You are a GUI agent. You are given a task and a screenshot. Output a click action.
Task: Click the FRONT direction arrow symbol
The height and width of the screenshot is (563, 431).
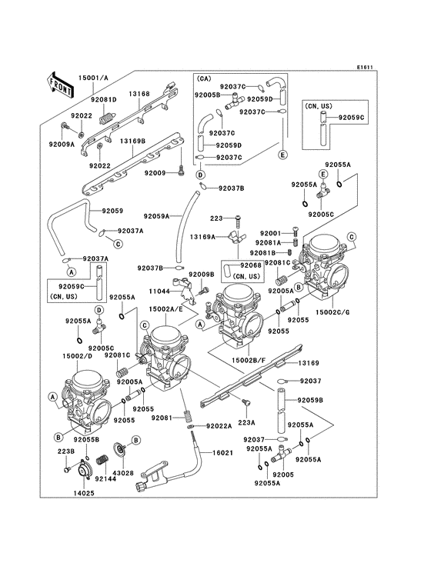click(61, 84)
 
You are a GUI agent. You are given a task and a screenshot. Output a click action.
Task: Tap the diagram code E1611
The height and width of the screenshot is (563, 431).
click(366, 67)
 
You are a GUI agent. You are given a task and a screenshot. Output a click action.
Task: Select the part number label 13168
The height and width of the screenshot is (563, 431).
click(139, 93)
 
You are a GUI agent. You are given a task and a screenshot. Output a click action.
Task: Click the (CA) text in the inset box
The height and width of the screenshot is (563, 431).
click(205, 79)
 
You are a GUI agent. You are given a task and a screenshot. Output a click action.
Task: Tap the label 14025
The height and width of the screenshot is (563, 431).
click(84, 491)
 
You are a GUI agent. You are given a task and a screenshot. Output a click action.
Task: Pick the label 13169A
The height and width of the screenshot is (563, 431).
click(203, 237)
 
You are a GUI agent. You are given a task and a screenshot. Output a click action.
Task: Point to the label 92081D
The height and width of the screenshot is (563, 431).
click(103, 100)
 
